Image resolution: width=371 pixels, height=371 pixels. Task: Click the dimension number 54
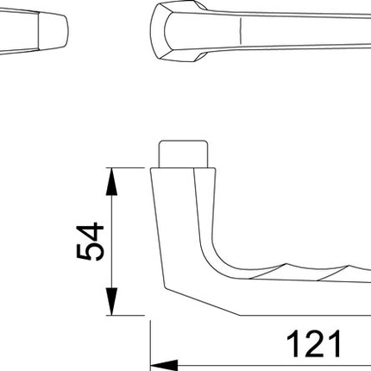tap(89, 241)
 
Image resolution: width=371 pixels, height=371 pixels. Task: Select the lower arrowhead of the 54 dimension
tap(110, 306)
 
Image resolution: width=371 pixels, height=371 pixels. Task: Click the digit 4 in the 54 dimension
tap(89, 229)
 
